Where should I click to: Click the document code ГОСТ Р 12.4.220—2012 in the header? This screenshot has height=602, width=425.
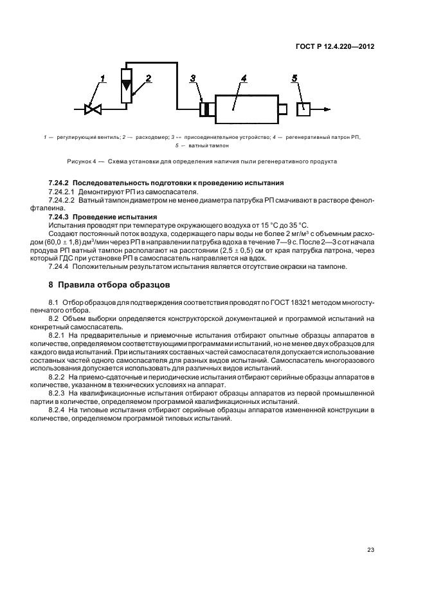(336, 46)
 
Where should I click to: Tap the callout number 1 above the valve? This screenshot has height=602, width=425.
(102, 79)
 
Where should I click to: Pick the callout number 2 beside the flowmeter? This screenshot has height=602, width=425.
(148, 78)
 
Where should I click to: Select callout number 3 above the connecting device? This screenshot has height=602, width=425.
(192, 78)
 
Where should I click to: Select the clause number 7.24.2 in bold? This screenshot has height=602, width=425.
(62, 185)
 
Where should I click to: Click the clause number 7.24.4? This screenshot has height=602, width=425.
(60, 266)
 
